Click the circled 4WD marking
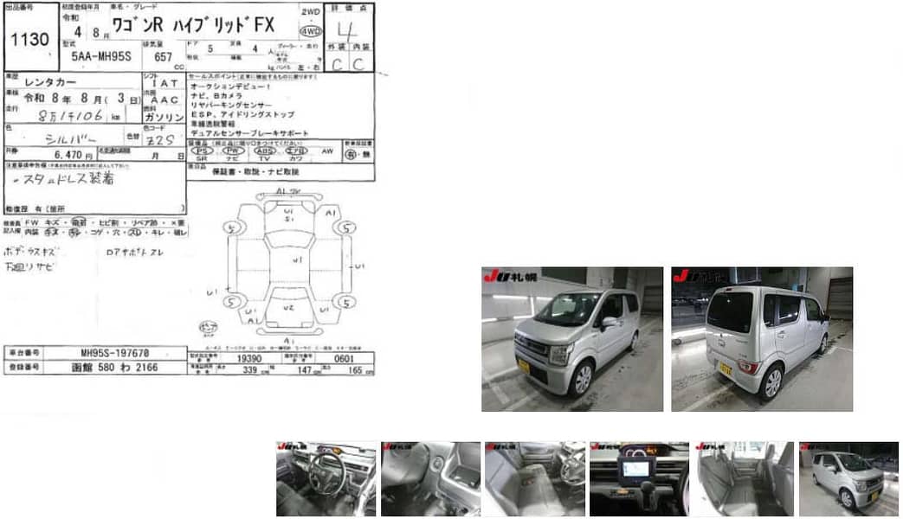[309, 30]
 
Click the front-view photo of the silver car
[572, 339]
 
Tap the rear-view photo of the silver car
[762, 339]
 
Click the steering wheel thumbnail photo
[326, 479]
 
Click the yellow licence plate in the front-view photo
[523, 367]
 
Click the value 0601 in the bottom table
[345, 357]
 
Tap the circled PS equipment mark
[201, 151]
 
